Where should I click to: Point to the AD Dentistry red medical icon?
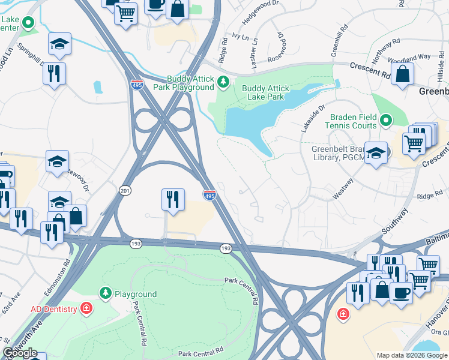pyautogui.click(x=87, y=308)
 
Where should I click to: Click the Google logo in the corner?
pyautogui.click(x=20, y=353)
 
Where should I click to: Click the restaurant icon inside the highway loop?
pyautogui.click(x=172, y=199)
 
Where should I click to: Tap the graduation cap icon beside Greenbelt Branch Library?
pyautogui.click(x=376, y=154)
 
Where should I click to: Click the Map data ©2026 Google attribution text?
pyautogui.click(x=411, y=355)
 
